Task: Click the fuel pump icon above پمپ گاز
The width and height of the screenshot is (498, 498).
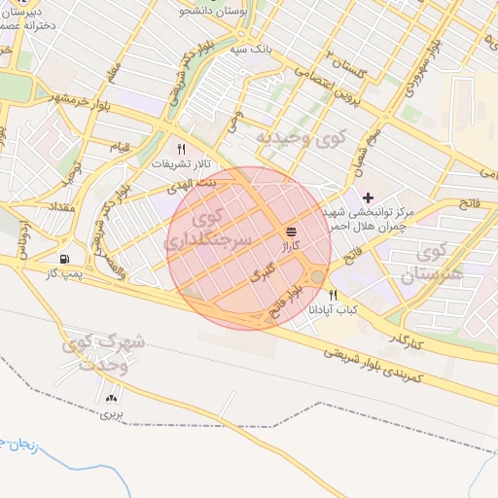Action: tap(64, 259)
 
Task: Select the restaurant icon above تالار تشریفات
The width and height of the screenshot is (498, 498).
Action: tap(180, 149)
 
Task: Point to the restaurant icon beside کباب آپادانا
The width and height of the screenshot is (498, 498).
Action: tap(333, 295)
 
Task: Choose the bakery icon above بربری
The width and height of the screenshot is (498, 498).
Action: tap(110, 397)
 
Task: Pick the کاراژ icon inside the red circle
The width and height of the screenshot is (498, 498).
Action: tap(292, 231)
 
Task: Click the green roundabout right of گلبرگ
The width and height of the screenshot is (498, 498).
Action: tap(317, 279)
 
